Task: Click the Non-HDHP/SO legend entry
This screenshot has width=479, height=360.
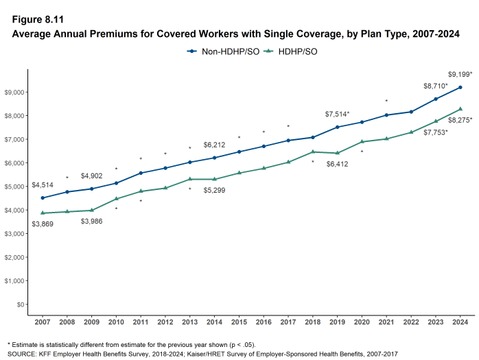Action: point(223,51)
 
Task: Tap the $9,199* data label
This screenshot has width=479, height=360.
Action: point(460,73)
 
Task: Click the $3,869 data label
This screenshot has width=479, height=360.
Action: point(43,224)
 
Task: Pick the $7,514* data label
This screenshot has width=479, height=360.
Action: point(337,114)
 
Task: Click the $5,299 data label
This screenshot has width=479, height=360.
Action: point(215,190)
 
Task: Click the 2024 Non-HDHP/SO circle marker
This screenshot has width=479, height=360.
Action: point(460,87)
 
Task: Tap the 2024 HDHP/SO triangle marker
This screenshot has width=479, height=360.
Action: point(460,108)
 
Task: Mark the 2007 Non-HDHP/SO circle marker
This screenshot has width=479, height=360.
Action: point(43,197)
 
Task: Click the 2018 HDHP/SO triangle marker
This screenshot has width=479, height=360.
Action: point(312,152)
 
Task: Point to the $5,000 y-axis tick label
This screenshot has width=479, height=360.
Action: point(14,187)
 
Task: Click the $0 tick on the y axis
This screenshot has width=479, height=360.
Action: point(20,304)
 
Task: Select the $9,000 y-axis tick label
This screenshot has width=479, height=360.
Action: point(14,92)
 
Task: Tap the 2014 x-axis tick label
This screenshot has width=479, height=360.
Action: point(215,322)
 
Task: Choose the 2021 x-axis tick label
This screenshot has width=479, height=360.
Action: point(386,322)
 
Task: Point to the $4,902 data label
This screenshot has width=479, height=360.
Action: point(92,176)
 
